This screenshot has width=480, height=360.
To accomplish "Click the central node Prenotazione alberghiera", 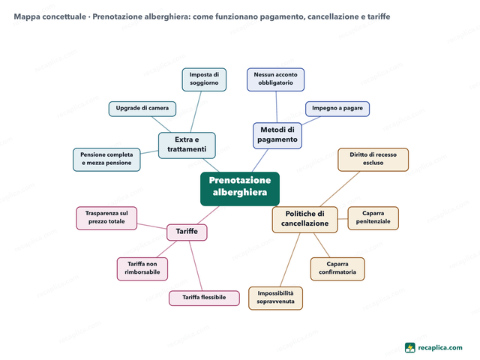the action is [x=240, y=188].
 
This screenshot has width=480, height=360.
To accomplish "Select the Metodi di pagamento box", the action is [x=277, y=136].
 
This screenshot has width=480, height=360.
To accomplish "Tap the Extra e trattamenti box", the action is [x=187, y=145].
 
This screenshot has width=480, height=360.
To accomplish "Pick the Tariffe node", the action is [x=187, y=232].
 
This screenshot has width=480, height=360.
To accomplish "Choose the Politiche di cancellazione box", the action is [x=305, y=220].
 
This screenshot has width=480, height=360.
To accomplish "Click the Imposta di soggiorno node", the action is [x=204, y=79].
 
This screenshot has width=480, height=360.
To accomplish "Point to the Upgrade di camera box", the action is [x=142, y=109].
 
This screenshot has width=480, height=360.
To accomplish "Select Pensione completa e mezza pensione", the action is [x=106, y=160].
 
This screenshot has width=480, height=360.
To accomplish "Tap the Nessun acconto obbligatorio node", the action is [x=275, y=79].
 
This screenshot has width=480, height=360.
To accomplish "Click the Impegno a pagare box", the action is [x=337, y=109].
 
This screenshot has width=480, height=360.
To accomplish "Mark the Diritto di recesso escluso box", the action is [x=373, y=160].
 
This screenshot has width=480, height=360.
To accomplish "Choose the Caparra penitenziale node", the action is [x=373, y=218].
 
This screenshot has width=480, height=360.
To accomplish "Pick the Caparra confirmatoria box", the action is [x=337, y=268].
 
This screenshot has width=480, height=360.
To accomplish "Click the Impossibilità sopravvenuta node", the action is [x=275, y=298].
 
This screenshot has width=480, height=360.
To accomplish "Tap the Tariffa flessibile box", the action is [x=204, y=298].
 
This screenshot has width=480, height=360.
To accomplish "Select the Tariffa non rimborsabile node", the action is [x=142, y=268].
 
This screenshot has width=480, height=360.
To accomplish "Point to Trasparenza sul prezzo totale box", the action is [x=106, y=218].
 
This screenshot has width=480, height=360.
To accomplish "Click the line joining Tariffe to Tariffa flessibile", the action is [x=196, y=265].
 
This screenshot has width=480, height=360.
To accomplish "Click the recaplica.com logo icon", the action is [x=410, y=348].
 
